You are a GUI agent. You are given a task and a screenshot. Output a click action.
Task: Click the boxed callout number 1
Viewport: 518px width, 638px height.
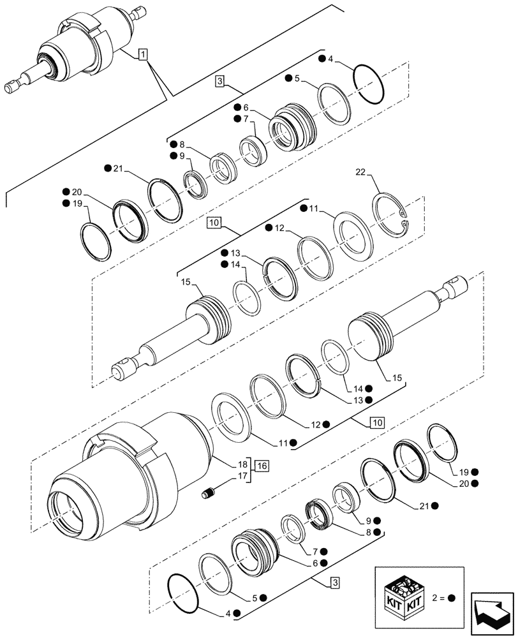[x=142, y=55]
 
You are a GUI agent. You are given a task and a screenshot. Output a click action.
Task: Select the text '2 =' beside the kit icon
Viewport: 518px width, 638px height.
[x=437, y=598]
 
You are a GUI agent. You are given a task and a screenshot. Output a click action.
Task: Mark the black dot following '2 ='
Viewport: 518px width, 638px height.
[x=452, y=598]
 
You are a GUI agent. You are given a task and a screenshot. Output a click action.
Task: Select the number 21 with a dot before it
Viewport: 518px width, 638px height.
[x=118, y=168]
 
